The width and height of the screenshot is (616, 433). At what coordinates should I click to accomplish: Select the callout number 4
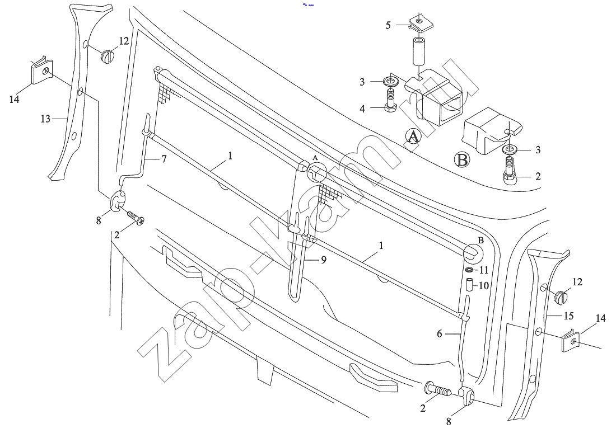coord(362,109)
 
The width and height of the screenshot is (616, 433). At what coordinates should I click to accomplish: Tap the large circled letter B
coord(462,160)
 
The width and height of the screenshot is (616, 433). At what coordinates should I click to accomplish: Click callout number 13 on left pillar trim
coord(45,119)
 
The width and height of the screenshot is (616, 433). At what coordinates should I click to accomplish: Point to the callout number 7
coord(164,159)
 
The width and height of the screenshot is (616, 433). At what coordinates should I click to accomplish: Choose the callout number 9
coord(323,260)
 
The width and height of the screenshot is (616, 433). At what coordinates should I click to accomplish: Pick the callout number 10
coord(483,285)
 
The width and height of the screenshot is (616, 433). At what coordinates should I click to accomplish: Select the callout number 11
coord(484,270)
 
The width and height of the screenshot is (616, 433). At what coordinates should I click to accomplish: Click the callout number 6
coord(440,334)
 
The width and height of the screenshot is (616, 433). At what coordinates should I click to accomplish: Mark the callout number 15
coord(568,316)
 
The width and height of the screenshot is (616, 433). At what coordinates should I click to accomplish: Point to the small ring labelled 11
coord(469,271)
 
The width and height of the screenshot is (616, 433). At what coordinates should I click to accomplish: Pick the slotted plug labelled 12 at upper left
coord(107,56)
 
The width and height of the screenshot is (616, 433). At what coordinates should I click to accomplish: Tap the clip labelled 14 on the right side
coord(570,340)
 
